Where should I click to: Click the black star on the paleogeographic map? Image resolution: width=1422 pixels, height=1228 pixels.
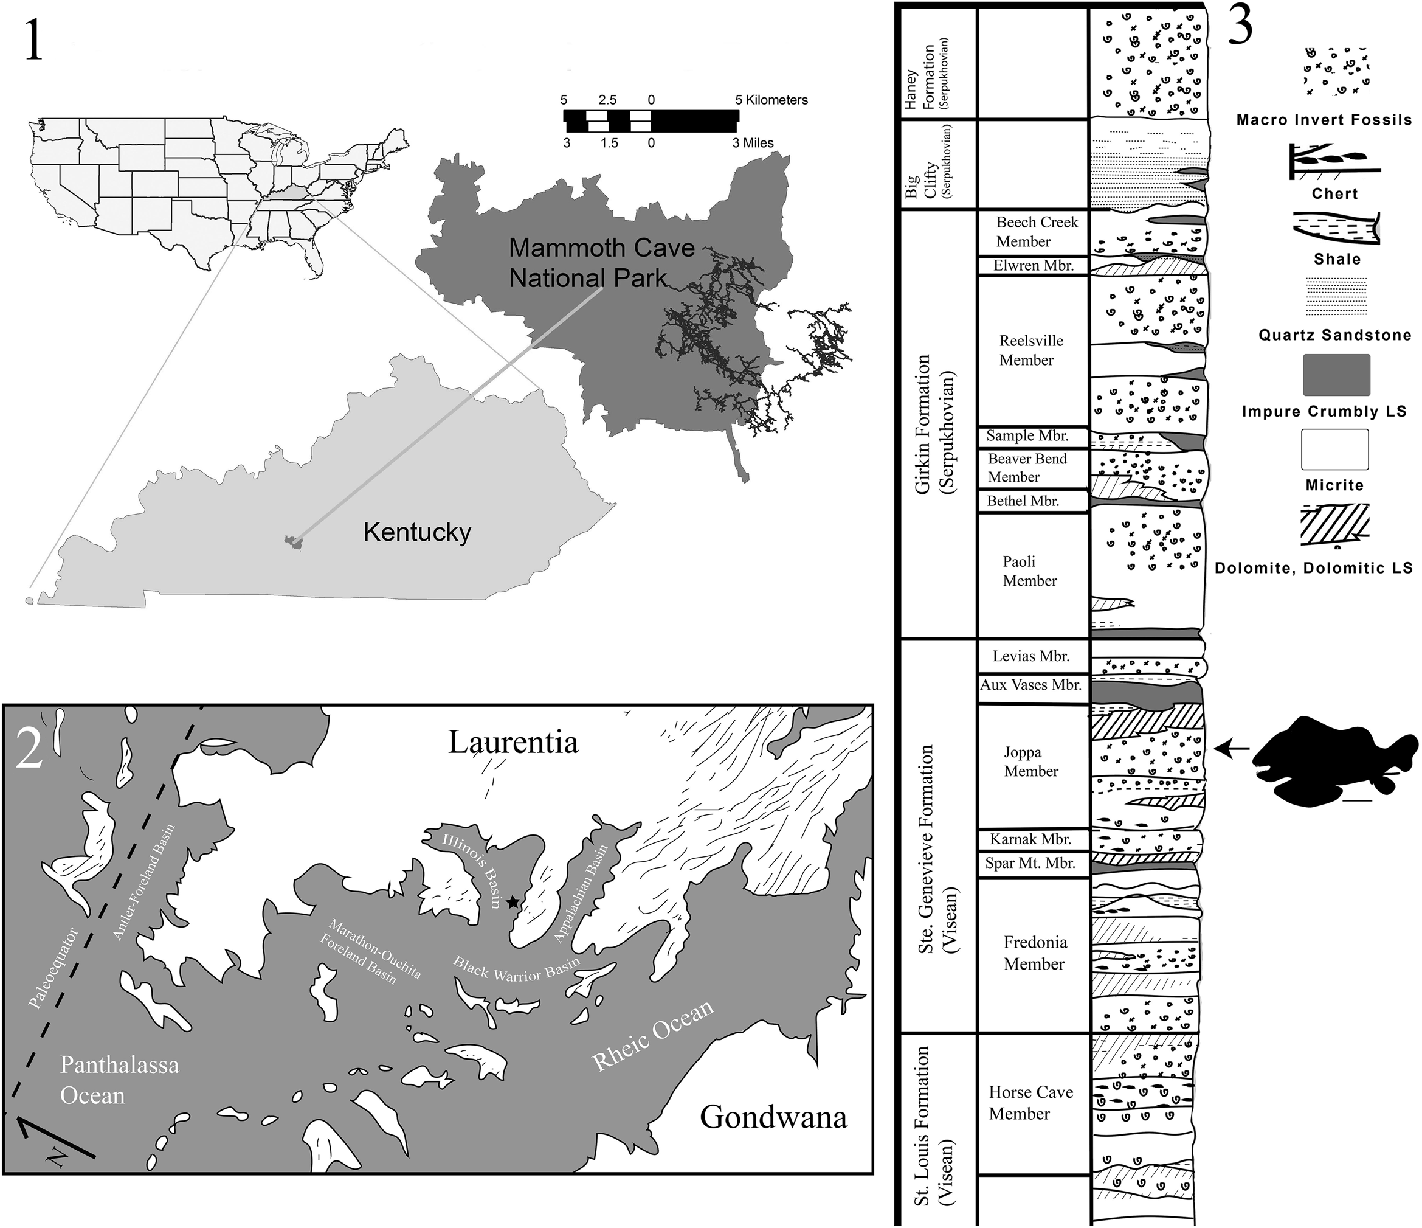pyautogui.click(x=513, y=902)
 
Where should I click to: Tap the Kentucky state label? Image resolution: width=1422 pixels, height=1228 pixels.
pyautogui.click(x=417, y=532)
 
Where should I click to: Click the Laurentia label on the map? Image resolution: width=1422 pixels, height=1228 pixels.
pyautogui.click(x=513, y=743)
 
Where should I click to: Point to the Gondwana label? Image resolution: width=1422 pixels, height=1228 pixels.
pyautogui.click(x=773, y=1117)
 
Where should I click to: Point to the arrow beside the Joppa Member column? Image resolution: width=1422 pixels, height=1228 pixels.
pyautogui.click(x=1232, y=749)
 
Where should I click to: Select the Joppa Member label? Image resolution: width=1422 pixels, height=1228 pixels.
pyautogui.click(x=1030, y=762)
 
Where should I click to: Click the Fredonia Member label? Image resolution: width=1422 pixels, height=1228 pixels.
pyautogui.click(x=1034, y=952)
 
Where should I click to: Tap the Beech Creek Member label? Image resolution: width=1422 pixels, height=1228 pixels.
pyautogui.click(x=1037, y=232)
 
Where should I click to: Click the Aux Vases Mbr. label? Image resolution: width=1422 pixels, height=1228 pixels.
pyautogui.click(x=1031, y=684)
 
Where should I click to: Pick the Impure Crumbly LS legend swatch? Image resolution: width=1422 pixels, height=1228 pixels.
pyautogui.click(x=1336, y=375)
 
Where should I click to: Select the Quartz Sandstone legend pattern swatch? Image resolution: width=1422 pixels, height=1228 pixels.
pyautogui.click(x=1336, y=296)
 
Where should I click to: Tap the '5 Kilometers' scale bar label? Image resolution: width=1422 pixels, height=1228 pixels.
pyautogui.click(x=771, y=100)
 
